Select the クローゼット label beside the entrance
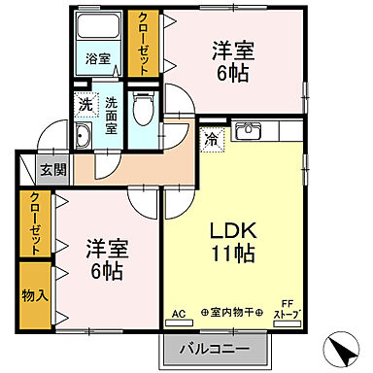pyautogui.click(x=35, y=223)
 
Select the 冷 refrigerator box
pyautogui.click(x=211, y=139)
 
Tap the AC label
pyautogui.click(x=178, y=313)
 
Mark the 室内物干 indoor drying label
pyautogui.click(x=231, y=313)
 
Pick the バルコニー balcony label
pyautogui.click(x=214, y=348)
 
